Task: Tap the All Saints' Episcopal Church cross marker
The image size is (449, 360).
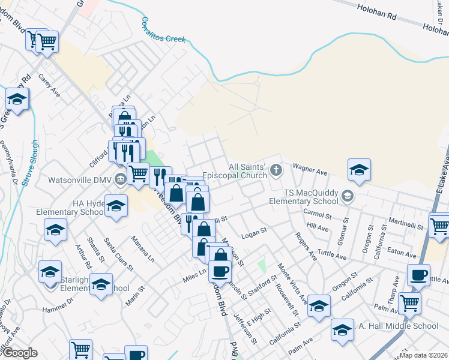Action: coord(276,170)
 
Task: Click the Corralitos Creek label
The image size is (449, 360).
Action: coord(163,31)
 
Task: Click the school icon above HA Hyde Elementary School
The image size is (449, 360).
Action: coord(116,205)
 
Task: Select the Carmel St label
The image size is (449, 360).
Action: coord(322,214)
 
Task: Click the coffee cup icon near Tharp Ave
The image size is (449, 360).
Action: coord(418,275)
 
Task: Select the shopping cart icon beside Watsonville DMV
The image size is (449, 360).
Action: coord(139,174)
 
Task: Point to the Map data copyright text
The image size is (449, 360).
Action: coord(424,355)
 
